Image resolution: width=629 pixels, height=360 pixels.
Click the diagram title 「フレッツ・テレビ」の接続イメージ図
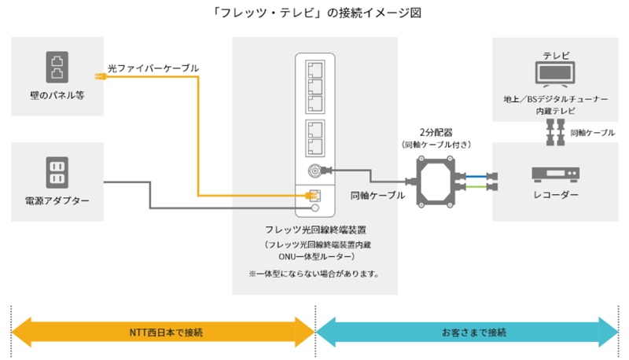point(314,13)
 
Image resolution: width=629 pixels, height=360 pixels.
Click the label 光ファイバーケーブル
point(153,69)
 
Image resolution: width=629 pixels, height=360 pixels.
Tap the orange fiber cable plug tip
point(99,77)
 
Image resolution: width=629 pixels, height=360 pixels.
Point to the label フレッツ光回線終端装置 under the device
point(314,230)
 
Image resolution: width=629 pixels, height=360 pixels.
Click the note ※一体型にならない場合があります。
point(314,274)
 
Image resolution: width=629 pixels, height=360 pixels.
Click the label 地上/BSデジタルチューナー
point(556,100)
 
